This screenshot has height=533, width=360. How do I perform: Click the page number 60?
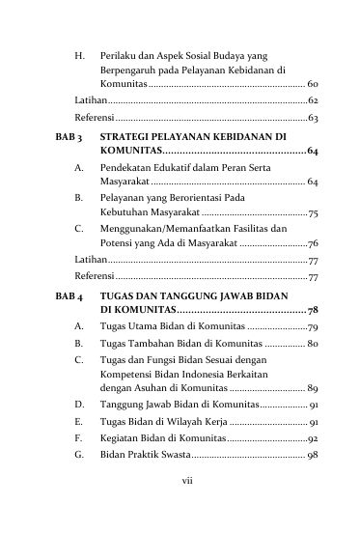click(x=314, y=86)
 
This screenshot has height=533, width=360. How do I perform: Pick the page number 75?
click(x=314, y=211)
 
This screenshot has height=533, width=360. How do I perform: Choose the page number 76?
click(x=314, y=244)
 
